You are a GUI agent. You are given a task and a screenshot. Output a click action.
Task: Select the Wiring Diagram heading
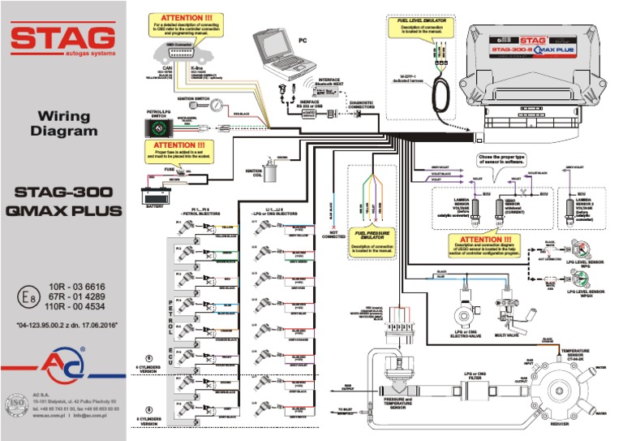click(x=63, y=123)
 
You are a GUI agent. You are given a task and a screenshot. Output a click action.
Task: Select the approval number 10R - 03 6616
click(x=78, y=288)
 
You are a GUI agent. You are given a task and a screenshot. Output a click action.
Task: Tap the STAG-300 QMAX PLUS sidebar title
click(x=63, y=202)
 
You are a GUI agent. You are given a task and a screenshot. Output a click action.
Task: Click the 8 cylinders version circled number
click(x=148, y=409)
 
